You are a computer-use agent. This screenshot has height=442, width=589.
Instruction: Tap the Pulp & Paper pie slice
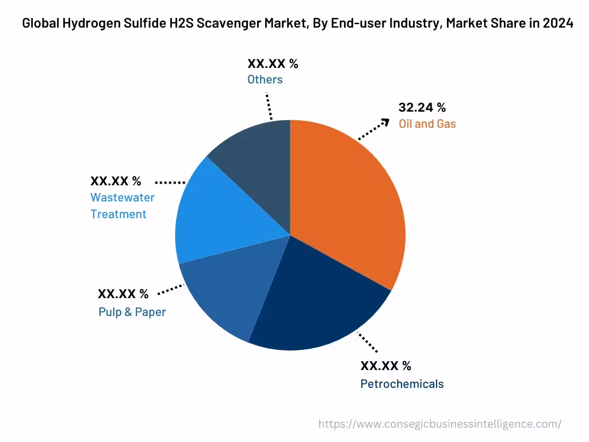click(x=230, y=294)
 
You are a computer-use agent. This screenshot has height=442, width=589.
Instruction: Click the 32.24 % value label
click(x=422, y=108)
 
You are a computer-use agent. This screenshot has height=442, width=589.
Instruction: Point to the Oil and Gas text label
click(x=427, y=124)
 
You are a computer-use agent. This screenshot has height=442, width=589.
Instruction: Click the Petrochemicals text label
click(x=401, y=384)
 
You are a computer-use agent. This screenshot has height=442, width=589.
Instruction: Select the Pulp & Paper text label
click(x=132, y=312)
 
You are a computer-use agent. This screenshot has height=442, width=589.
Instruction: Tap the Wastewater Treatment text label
click(x=122, y=205)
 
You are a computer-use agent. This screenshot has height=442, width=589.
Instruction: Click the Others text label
click(x=265, y=79)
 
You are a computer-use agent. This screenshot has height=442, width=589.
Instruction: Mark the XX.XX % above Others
click(x=273, y=64)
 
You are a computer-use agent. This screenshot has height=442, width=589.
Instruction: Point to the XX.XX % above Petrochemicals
click(x=385, y=366)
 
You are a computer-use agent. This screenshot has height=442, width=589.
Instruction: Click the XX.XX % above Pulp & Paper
click(x=123, y=294)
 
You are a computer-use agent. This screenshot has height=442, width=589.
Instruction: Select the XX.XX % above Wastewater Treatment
click(x=115, y=181)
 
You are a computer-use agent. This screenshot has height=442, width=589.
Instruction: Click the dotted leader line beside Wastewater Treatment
click(x=170, y=182)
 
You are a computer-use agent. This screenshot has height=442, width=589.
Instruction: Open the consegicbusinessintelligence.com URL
click(x=440, y=424)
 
